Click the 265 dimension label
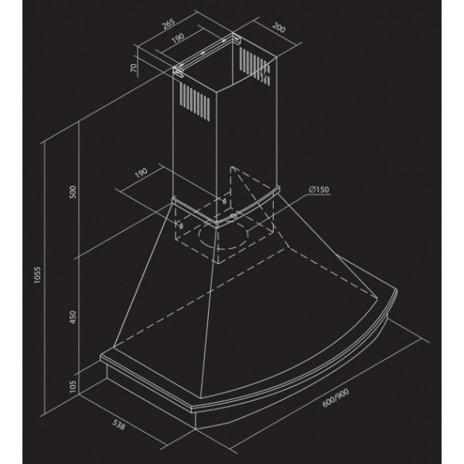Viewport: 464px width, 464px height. click(169, 24)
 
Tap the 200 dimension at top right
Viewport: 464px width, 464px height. click(278, 28)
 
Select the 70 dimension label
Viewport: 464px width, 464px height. click(134, 68)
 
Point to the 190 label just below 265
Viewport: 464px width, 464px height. click(178, 38)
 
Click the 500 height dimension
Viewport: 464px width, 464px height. click(73, 192)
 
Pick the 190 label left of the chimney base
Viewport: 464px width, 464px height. click(141, 173)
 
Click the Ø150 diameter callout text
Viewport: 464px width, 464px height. click(319, 189)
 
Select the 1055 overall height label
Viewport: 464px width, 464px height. click(37, 275)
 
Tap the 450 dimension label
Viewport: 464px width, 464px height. click(73, 317)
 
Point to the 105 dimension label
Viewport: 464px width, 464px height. click(73, 387)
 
